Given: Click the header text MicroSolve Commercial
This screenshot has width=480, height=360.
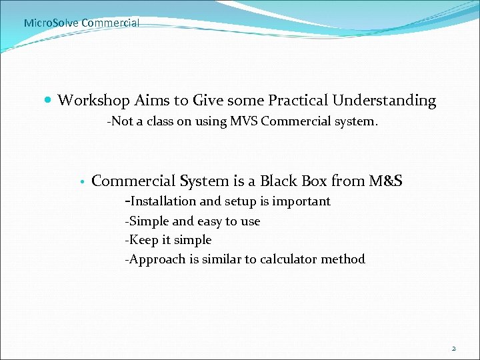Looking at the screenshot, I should point(81,23).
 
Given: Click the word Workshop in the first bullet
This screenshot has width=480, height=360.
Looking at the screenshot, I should point(93,101).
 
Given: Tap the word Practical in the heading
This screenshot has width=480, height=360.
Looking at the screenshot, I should point(298,101).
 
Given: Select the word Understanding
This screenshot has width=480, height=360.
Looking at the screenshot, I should point(385,101).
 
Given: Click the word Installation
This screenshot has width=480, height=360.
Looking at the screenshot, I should point(163,201).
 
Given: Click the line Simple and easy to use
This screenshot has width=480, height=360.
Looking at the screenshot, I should point(193,221).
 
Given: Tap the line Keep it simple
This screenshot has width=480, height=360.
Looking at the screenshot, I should point(168,240).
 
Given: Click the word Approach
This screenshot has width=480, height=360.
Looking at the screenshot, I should point(157,259).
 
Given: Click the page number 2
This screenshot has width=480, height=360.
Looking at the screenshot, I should point(454,348).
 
